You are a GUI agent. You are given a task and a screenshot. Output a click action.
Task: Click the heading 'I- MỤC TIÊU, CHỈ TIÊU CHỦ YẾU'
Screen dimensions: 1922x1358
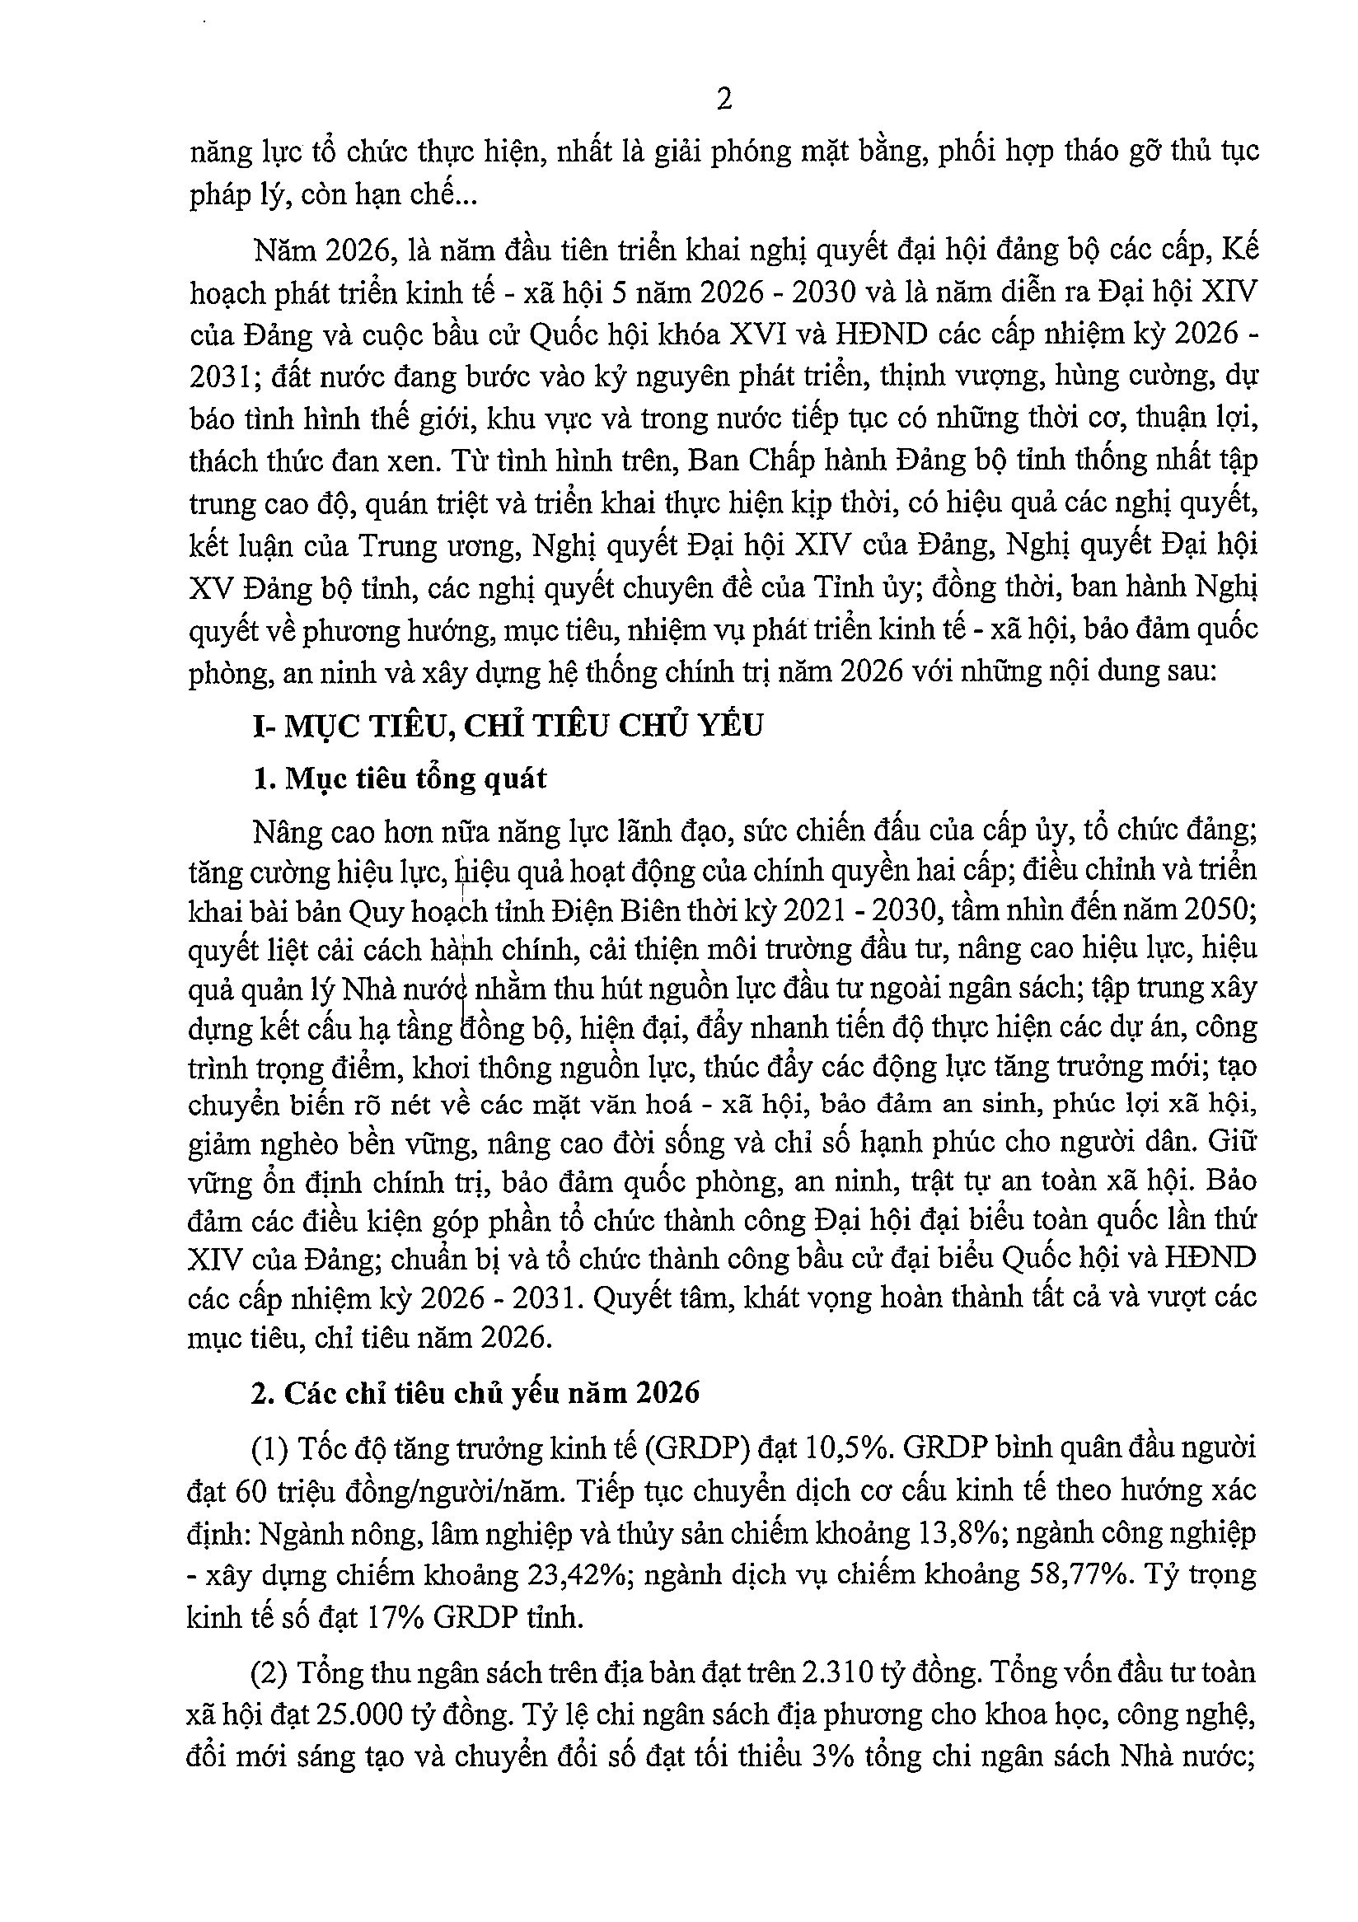pyautogui.click(x=508, y=725)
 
